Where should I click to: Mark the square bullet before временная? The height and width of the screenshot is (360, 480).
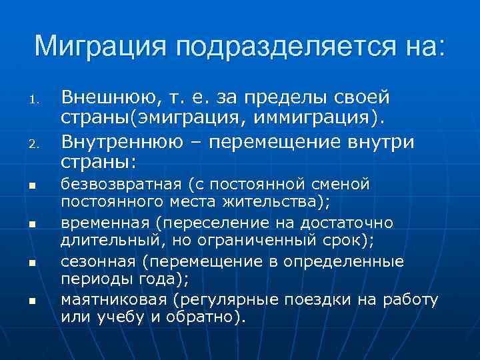(x=31, y=227)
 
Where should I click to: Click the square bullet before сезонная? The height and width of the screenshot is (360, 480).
(x=31, y=266)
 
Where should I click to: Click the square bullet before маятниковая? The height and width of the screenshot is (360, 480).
(x=31, y=304)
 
